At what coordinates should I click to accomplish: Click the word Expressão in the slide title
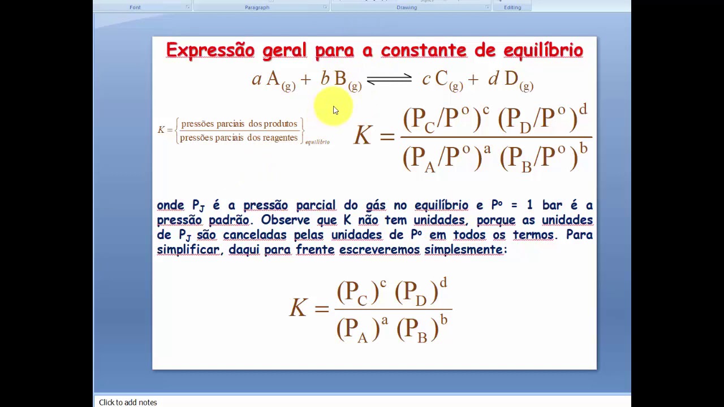(210, 50)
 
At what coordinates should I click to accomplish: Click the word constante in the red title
(424, 50)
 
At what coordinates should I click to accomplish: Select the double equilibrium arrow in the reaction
(389, 79)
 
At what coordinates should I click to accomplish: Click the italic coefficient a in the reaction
(257, 79)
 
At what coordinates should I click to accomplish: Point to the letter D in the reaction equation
(511, 79)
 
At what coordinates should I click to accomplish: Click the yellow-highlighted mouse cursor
(334, 109)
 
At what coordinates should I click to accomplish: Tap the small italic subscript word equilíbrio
(317, 142)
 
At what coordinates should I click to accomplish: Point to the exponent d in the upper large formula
(583, 108)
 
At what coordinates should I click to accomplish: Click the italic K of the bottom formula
(298, 308)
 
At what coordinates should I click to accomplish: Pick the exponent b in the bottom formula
(444, 320)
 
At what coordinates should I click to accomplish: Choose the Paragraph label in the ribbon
(257, 7)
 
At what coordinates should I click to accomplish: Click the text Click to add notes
(128, 402)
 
